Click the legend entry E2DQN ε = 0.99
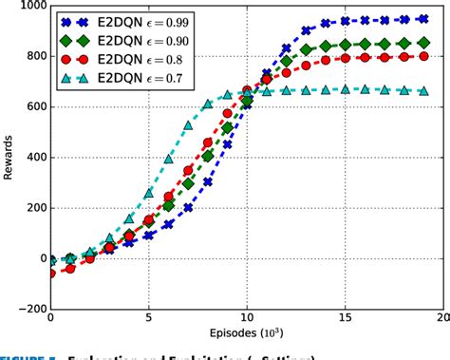point(133,22)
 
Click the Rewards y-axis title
point(9,157)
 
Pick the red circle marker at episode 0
point(50,273)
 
